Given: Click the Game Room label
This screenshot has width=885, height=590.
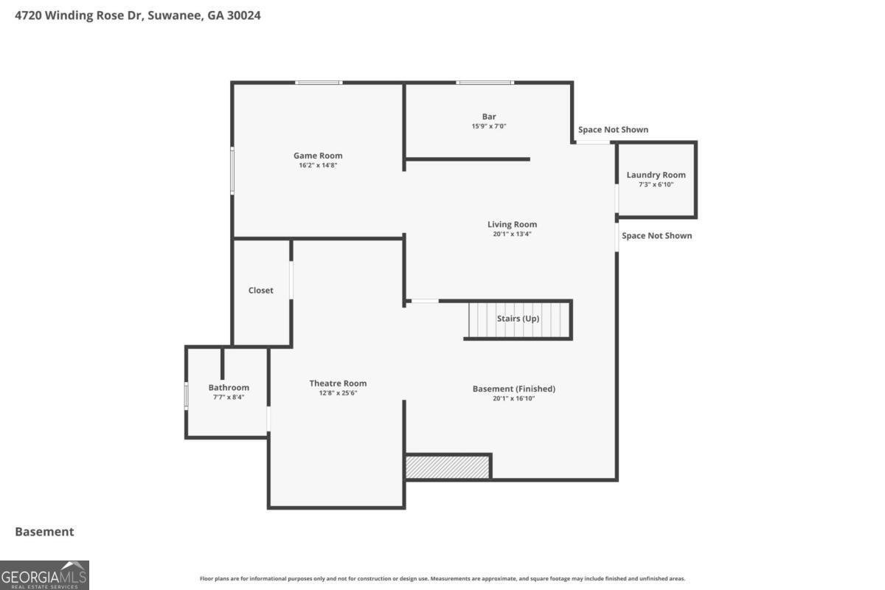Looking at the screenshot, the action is point(318,156).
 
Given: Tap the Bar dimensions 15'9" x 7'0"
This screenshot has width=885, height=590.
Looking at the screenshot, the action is point(489,126).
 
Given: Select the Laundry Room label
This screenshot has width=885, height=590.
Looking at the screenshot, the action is point(656,175).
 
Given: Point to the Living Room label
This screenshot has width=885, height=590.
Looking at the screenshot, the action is point(512,224).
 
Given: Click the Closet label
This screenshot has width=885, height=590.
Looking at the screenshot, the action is point(261,291).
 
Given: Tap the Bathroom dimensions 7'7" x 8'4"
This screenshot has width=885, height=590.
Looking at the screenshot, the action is point(229,398).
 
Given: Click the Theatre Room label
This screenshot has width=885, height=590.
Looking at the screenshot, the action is point(338,383).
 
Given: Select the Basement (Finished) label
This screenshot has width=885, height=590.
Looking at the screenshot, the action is point(513,389).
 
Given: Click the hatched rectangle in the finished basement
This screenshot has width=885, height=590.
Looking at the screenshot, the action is point(447,467).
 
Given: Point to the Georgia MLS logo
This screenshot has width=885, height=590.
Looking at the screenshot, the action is point(44,575).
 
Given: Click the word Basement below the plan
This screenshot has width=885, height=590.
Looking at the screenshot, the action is point(44,532).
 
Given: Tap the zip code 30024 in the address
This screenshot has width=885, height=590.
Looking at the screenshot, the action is point(244,15).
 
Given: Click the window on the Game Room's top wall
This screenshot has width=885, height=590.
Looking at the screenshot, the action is point(319,83).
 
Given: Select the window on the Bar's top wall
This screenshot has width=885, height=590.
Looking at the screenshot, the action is point(485,83).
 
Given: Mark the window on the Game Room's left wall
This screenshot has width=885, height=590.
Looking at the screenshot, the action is point(232,170).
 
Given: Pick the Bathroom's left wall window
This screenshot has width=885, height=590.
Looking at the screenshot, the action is point(186,395).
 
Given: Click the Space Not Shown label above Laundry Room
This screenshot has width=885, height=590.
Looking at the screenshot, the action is point(613,130).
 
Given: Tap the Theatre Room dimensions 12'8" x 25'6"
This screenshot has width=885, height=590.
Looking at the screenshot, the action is point(338,393).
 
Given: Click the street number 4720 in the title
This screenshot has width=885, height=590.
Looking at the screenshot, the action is point(28,15).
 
